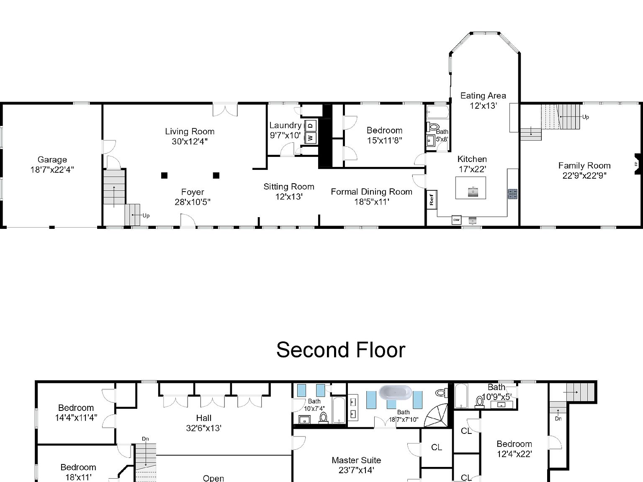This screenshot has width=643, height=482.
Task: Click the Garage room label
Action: tap(52, 160)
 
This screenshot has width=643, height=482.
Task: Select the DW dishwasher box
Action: tap(456, 220)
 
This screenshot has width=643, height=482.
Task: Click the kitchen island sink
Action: tap(473, 192)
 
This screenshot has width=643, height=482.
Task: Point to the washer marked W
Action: tap(311, 137)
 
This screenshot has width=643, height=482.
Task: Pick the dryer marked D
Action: tap(311, 125)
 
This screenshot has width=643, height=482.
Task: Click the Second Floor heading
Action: tap(340, 350)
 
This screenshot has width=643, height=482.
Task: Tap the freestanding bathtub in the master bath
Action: tap(396, 392)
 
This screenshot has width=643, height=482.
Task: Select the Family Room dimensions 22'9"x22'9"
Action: tap(584, 176)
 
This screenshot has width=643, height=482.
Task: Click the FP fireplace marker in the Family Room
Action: tap(637, 164)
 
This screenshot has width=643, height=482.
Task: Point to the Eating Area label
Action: tap(483, 96)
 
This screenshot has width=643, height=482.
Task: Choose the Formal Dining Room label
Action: tap(371, 192)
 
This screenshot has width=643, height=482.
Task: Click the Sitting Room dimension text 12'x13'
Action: tap(289, 197)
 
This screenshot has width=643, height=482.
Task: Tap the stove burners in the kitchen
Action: tap(513, 193)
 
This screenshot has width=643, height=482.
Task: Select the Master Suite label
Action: tap(356, 460)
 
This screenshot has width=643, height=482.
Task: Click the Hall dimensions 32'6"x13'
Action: tap(203, 428)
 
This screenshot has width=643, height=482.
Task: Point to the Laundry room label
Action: tap(285, 125)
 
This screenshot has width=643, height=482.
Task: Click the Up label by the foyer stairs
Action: tap(146, 216)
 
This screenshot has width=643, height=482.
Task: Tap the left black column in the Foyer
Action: tap(165, 175)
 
